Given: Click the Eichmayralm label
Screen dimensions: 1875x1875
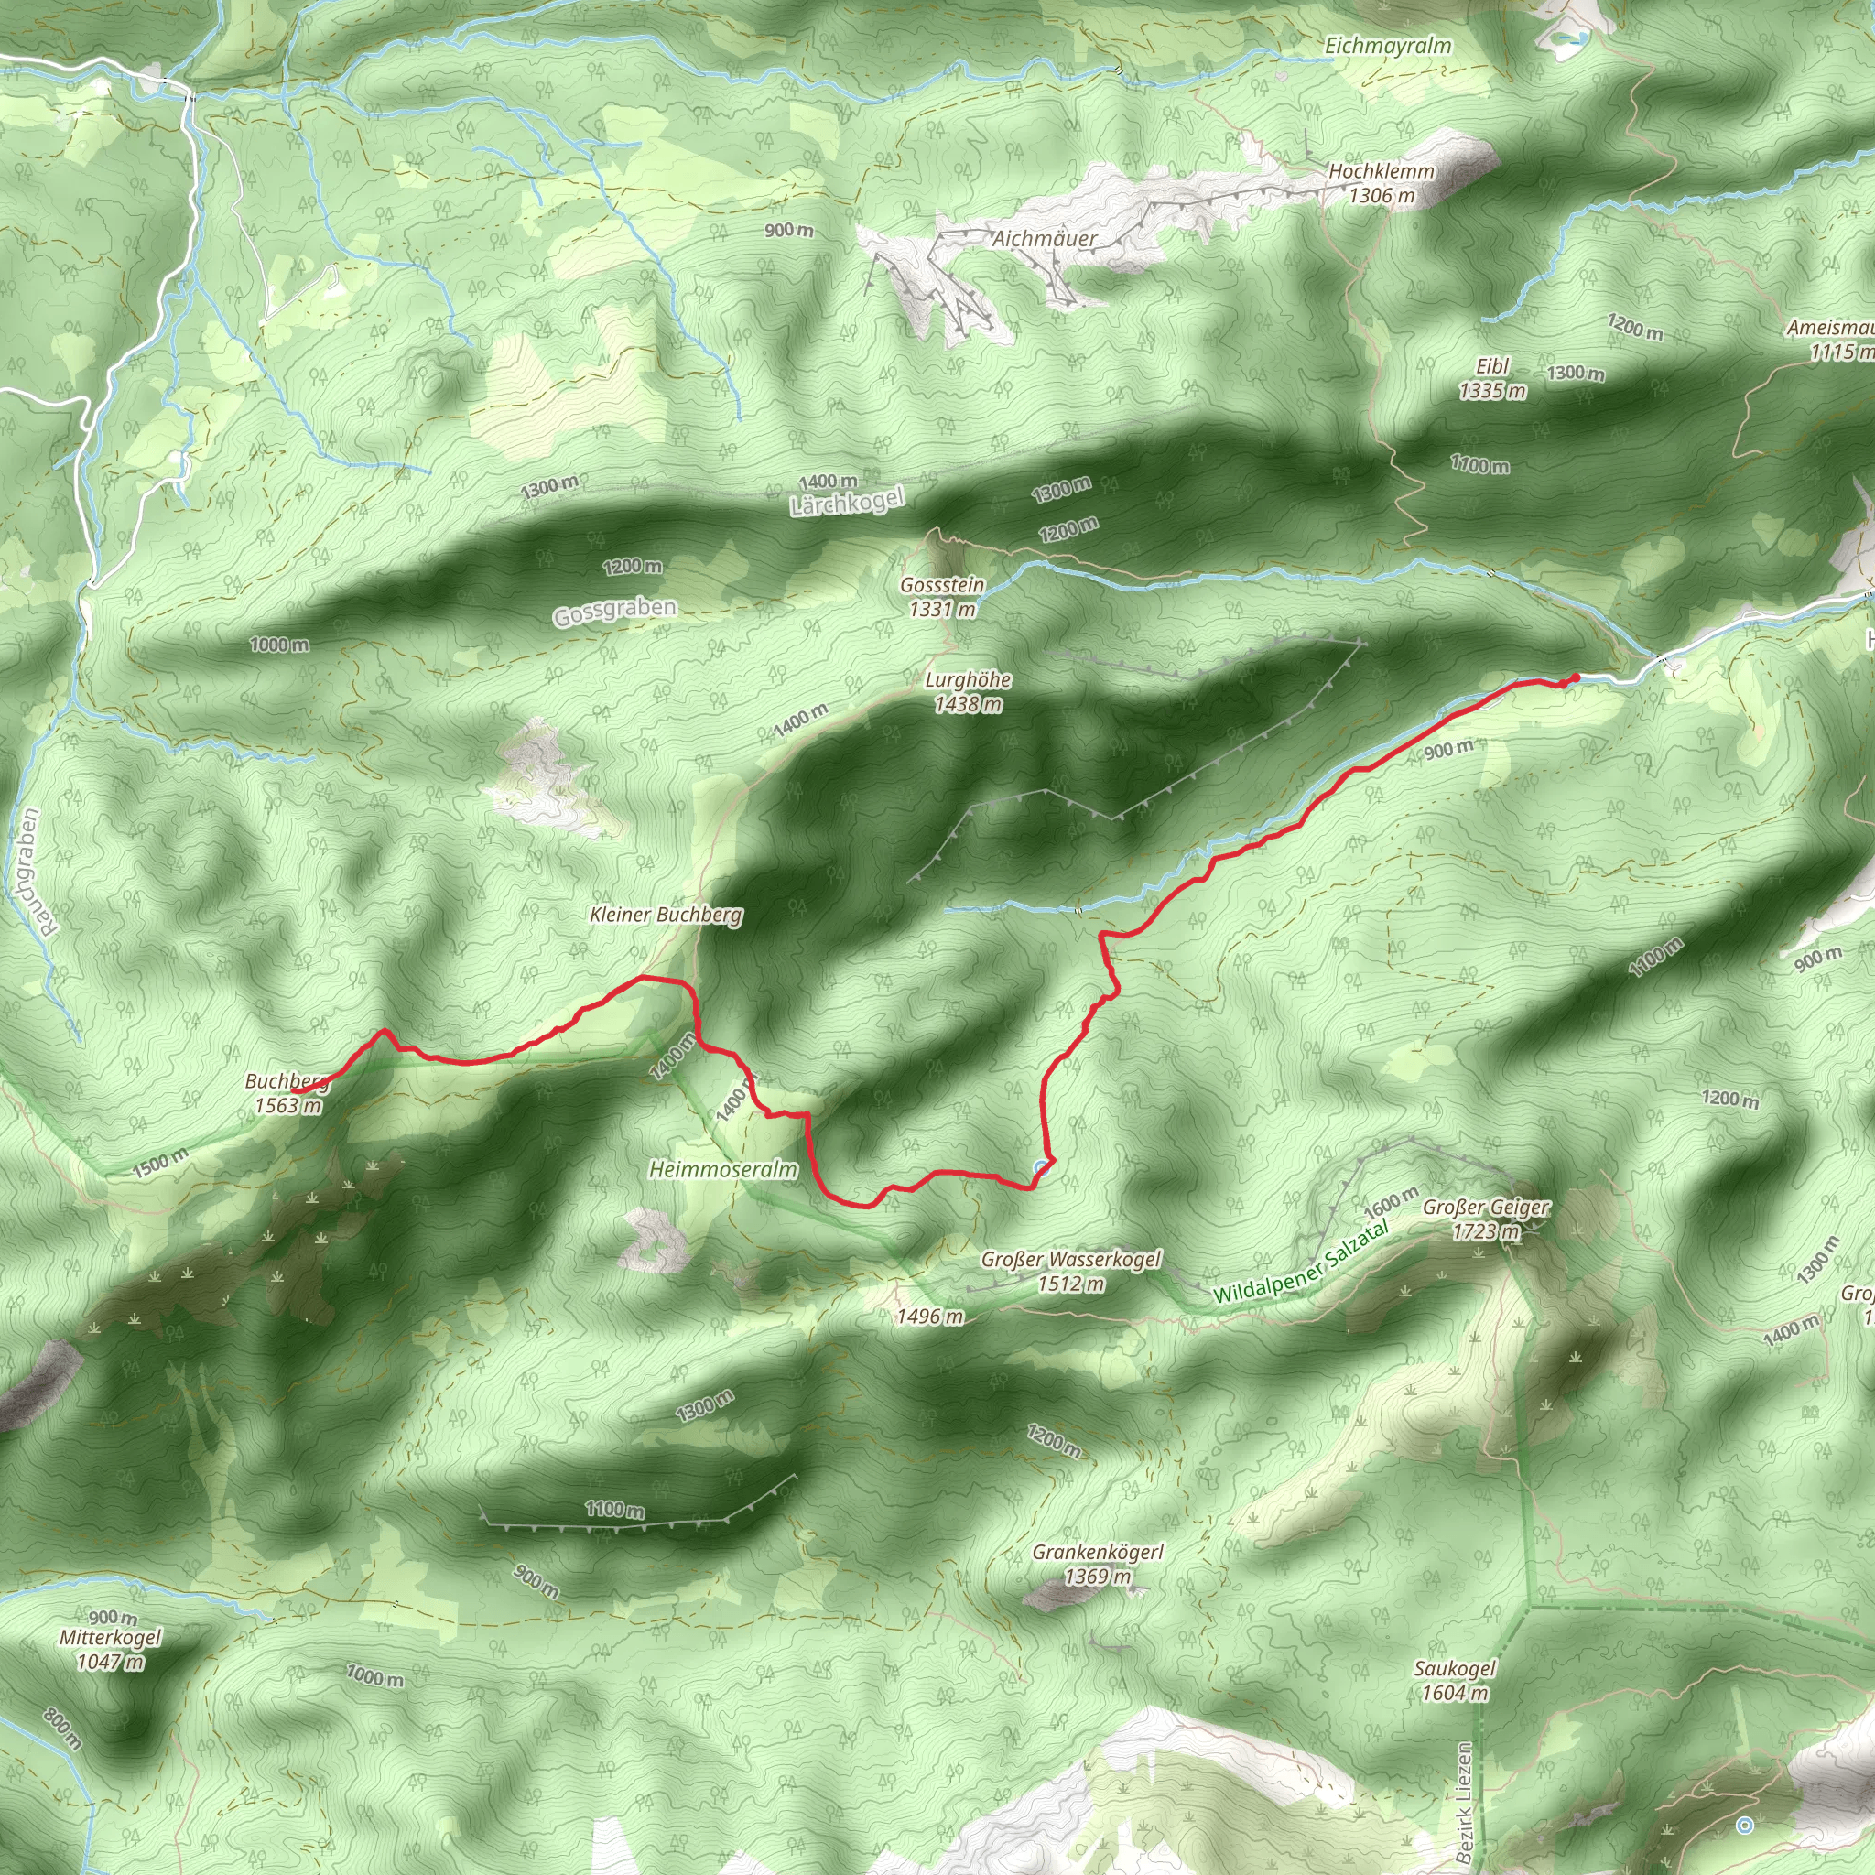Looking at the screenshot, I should [1388, 46].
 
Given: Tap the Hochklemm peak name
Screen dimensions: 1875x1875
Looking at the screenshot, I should [1381, 172].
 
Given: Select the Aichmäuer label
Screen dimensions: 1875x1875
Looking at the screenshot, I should [1045, 239].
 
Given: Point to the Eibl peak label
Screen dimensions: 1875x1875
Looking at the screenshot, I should [1492, 367].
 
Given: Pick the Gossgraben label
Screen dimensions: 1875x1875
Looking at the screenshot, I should [614, 612].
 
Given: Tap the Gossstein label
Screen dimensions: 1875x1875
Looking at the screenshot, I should [942, 585].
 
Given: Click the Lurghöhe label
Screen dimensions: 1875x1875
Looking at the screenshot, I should [968, 680].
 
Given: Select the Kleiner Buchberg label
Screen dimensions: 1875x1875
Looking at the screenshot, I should [666, 915].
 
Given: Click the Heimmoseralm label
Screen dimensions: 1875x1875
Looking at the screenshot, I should [723, 1169].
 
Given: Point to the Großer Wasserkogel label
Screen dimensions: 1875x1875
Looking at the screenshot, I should [1070, 1260].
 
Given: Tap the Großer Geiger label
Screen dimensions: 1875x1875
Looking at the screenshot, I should [1486, 1208].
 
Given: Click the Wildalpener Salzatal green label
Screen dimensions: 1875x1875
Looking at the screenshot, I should [1300, 1264].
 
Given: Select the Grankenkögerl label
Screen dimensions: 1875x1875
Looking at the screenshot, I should [1098, 1553].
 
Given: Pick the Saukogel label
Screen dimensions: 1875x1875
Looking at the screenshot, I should [1455, 1668].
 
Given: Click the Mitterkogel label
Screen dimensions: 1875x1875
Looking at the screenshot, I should [111, 1637].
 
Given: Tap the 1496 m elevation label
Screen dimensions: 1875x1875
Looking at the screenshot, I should [930, 1317].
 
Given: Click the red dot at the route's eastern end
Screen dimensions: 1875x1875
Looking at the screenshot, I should [1575, 677].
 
